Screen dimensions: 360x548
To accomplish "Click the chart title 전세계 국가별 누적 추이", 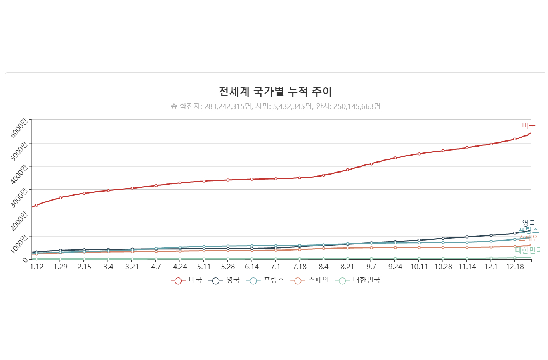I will (x=275, y=92).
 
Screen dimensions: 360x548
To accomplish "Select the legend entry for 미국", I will (x=187, y=280).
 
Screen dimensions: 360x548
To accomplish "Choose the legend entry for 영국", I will (x=224, y=280).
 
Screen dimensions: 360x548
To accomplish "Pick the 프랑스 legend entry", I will (x=265, y=280).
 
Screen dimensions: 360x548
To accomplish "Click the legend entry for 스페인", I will (x=310, y=280).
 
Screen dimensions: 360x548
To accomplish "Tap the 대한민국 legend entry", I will (x=358, y=280).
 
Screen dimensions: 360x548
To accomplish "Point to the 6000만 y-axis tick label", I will (x=19, y=128).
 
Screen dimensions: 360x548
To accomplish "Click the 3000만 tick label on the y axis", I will (x=19, y=197).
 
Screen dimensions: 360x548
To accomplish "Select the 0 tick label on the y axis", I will (x=25, y=260).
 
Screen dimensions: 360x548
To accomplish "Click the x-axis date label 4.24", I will (x=180, y=267).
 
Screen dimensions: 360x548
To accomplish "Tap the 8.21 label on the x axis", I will (x=347, y=267).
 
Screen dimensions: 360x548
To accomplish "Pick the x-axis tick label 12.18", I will (x=515, y=267).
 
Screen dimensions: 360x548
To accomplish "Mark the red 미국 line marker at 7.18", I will (x=300, y=178).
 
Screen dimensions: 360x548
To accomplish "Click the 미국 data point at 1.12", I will (x=36, y=205).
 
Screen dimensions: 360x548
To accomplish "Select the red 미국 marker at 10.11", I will (x=419, y=154).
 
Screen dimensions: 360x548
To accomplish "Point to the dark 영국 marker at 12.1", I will (x=491, y=235).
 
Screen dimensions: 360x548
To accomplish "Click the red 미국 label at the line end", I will (x=528, y=126).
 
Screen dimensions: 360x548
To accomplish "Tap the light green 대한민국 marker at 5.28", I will (x=228, y=259).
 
